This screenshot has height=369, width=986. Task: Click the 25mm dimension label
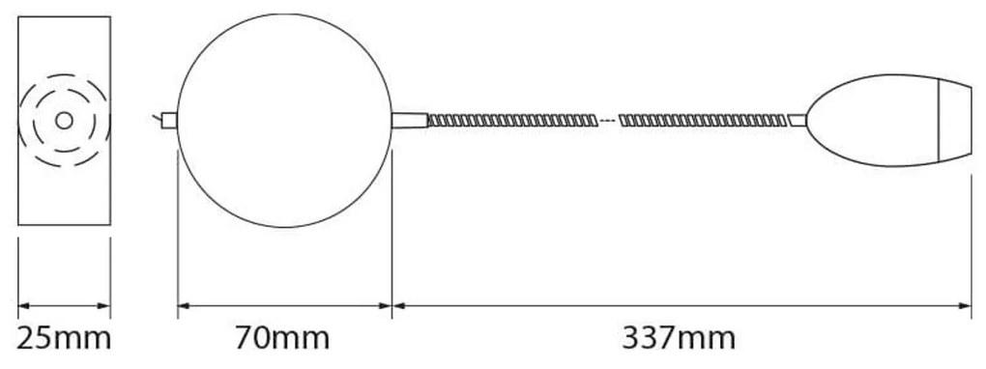64,339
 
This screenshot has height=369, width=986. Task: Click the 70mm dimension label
282,339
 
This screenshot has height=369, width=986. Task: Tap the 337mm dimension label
679,339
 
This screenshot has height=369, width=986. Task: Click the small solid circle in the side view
64,120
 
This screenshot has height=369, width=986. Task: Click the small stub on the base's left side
169,120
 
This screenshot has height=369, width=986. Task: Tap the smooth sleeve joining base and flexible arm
409,120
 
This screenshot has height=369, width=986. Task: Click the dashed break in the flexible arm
607,120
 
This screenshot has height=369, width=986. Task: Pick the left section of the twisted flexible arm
512,120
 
